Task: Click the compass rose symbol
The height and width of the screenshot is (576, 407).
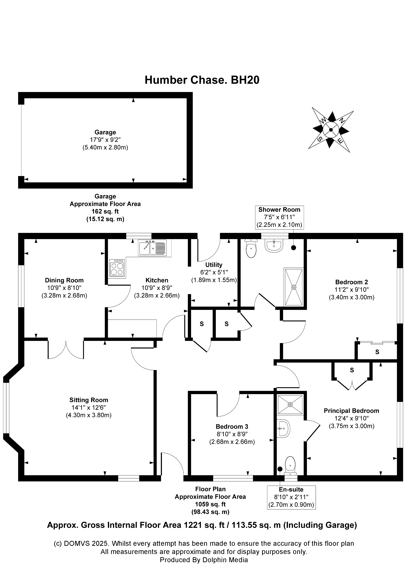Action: pos(331,130)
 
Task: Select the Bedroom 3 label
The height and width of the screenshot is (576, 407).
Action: pos(232,426)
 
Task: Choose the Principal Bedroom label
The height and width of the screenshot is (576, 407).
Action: pos(351,411)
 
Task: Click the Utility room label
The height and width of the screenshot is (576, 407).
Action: pos(214,265)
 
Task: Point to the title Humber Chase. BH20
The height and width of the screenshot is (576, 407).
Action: pos(202,80)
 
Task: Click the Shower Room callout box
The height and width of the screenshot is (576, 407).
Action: pos(279,217)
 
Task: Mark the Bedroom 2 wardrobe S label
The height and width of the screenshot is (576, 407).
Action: pos(377,352)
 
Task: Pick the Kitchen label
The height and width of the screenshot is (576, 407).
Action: pos(157,280)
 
